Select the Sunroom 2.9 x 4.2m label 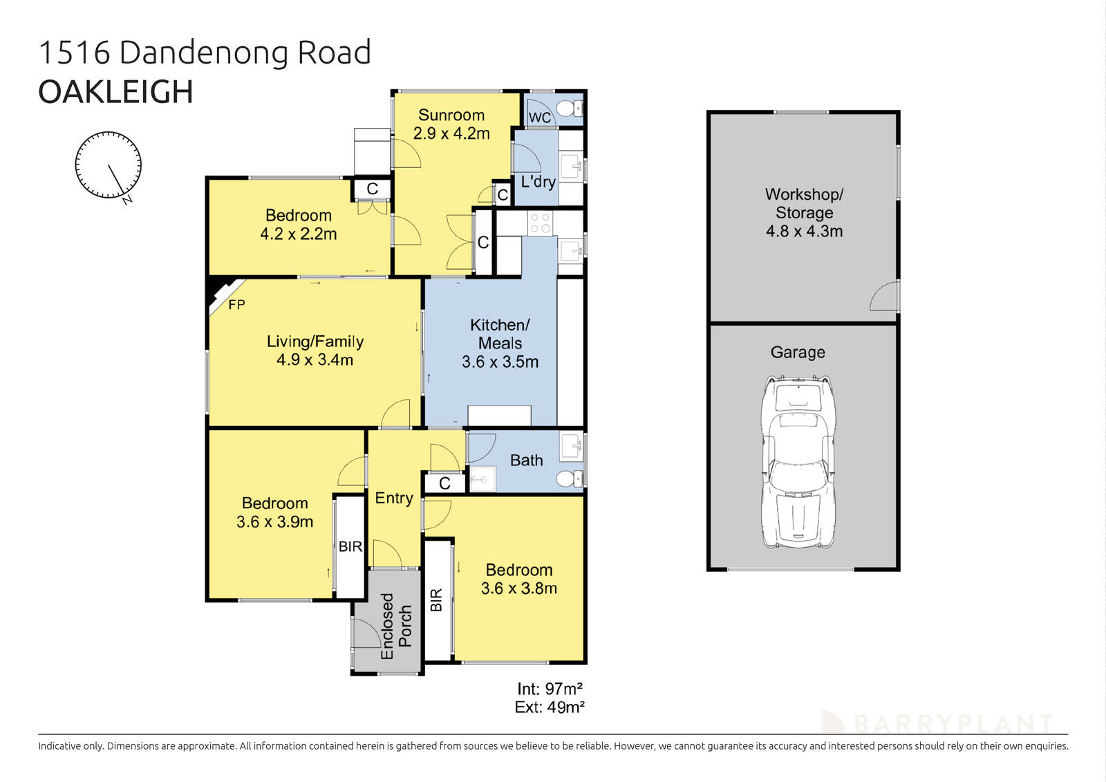[451, 124]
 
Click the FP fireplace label [236, 304]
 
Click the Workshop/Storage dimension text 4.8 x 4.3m [804, 232]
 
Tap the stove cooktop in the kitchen [540, 223]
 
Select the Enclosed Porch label [396, 625]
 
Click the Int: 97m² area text [550, 689]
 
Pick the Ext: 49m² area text [550, 707]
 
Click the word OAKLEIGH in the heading [115, 92]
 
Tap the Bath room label [526, 460]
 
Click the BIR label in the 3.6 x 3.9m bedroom [350, 546]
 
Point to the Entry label [394, 498]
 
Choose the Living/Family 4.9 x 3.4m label [315, 351]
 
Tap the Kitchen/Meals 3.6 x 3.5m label [500, 343]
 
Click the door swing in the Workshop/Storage [885, 297]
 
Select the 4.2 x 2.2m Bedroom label [298, 225]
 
